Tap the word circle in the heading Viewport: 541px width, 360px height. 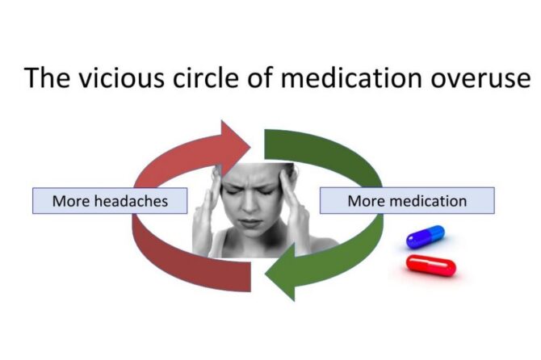click(206, 77)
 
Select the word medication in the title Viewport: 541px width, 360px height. click(351, 77)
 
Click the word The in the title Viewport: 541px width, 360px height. click(47, 77)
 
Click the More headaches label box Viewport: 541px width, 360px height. click(110, 201)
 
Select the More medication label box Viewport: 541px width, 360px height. click(407, 201)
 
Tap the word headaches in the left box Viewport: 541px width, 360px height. click(131, 201)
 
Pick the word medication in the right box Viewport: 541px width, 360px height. click(429, 201)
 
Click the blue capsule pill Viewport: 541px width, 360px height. click(426, 237)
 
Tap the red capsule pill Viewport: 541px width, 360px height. click(431, 266)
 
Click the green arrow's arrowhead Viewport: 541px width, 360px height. click(281, 272)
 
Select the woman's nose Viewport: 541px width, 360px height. click(250, 204)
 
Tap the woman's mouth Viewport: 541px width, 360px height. click(250, 223)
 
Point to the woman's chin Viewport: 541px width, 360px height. click(250, 234)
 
